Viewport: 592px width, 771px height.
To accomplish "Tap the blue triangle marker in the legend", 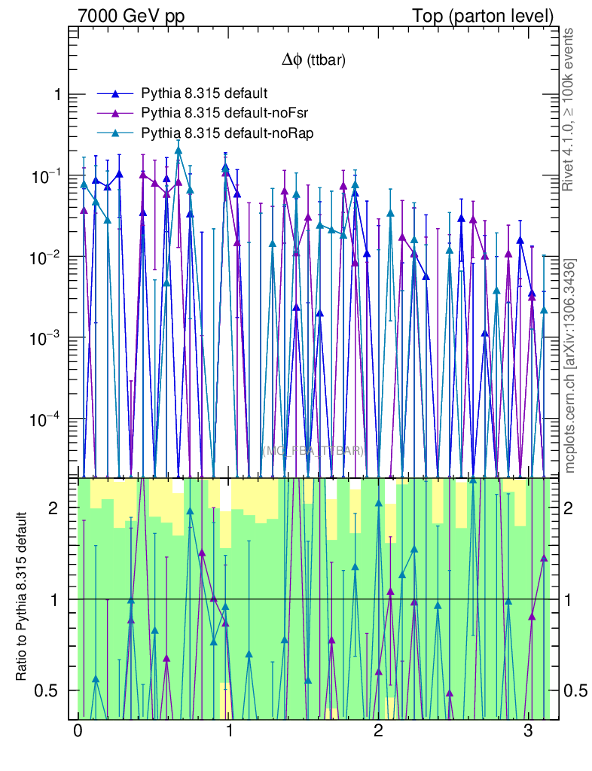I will tap(115, 93).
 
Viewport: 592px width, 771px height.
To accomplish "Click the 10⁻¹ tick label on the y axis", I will tap(49, 175).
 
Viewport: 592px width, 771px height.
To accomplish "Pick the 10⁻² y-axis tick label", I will tap(49, 257).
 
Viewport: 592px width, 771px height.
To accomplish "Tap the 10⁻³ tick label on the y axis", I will tap(49, 337).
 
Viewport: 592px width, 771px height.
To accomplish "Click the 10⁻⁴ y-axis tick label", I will tap(49, 418).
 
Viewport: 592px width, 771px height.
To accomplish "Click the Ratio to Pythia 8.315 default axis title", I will tap(22, 597).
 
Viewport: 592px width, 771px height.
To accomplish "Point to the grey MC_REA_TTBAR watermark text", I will tap(313, 451).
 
